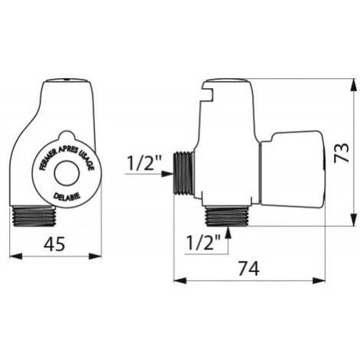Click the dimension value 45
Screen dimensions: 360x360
click(x=54, y=244)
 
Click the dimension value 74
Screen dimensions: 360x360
click(x=249, y=268)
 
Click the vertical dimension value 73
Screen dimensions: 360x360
click(x=342, y=152)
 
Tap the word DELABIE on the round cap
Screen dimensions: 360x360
click(x=67, y=196)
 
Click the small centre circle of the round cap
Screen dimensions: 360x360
click(x=67, y=173)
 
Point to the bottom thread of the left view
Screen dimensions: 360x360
click(x=34, y=216)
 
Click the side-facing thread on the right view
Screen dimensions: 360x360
click(x=183, y=173)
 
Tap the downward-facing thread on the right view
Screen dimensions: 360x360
click(x=227, y=216)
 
